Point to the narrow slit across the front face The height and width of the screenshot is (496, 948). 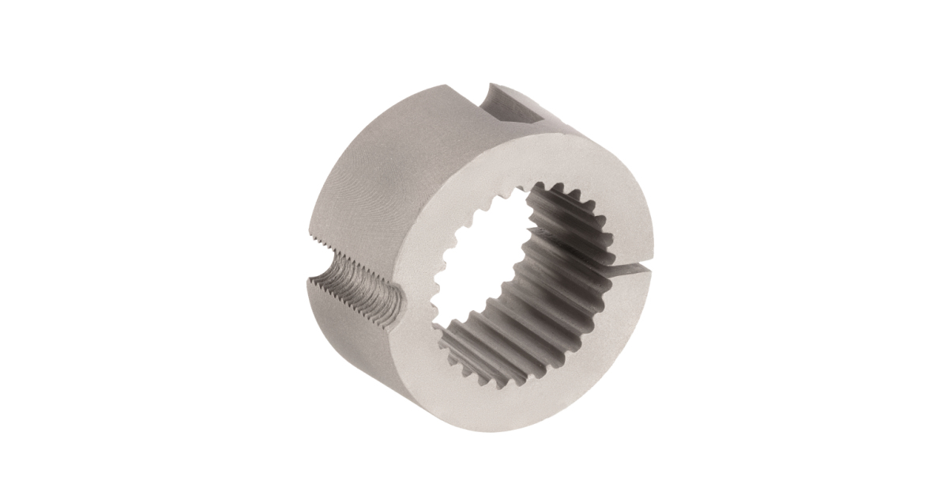click(x=632, y=271)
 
